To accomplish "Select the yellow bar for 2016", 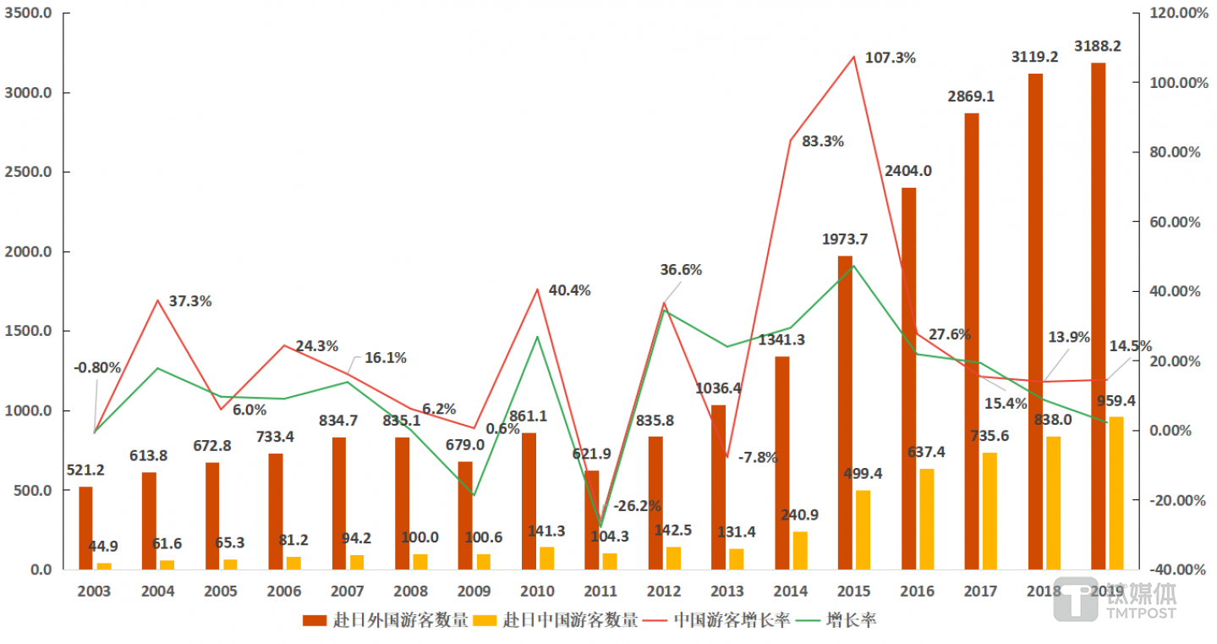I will pos(927,519).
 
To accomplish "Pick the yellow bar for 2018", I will pos(1054,503).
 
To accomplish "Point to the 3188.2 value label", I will pos(1097,46).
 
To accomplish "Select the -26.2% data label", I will pos(637,506).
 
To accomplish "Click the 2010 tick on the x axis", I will pos(537,591).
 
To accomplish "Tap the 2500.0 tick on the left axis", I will pos(29,173).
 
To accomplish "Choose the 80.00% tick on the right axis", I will pos(1167,152).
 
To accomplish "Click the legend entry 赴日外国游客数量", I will pos(386,620).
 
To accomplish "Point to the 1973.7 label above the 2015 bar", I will pos(845,239).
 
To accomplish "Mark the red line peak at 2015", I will pos(854,57).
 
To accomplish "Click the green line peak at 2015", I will pos(854,266).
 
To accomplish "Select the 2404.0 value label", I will pos(908,170).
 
